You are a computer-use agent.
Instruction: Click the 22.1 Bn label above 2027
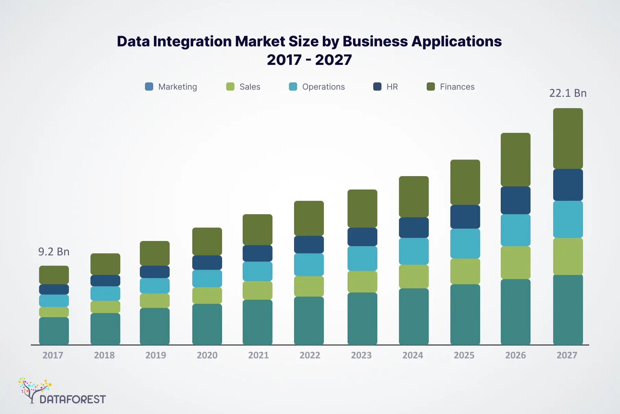coord(568,93)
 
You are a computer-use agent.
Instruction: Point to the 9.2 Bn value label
coord(54,252)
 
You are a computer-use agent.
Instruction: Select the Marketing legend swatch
coord(149,87)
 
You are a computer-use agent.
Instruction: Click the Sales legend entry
coord(243,87)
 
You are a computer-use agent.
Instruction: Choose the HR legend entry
coord(386,87)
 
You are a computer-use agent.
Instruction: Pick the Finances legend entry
coord(451,87)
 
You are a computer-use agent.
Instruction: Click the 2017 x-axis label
coord(53,355)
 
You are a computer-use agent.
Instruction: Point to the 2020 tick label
coord(207,355)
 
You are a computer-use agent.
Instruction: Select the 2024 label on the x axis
coord(413,355)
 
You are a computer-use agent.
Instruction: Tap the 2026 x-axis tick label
coord(515,355)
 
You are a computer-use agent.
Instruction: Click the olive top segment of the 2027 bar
coord(568,138)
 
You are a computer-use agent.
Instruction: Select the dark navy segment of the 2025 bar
coord(465,217)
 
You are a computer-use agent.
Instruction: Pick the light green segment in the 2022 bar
coord(309,286)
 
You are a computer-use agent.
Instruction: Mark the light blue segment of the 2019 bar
coord(155,286)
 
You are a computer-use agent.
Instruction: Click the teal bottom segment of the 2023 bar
coord(362,319)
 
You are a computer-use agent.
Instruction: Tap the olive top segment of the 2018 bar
coord(105,264)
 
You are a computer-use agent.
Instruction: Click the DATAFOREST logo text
coord(73,399)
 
